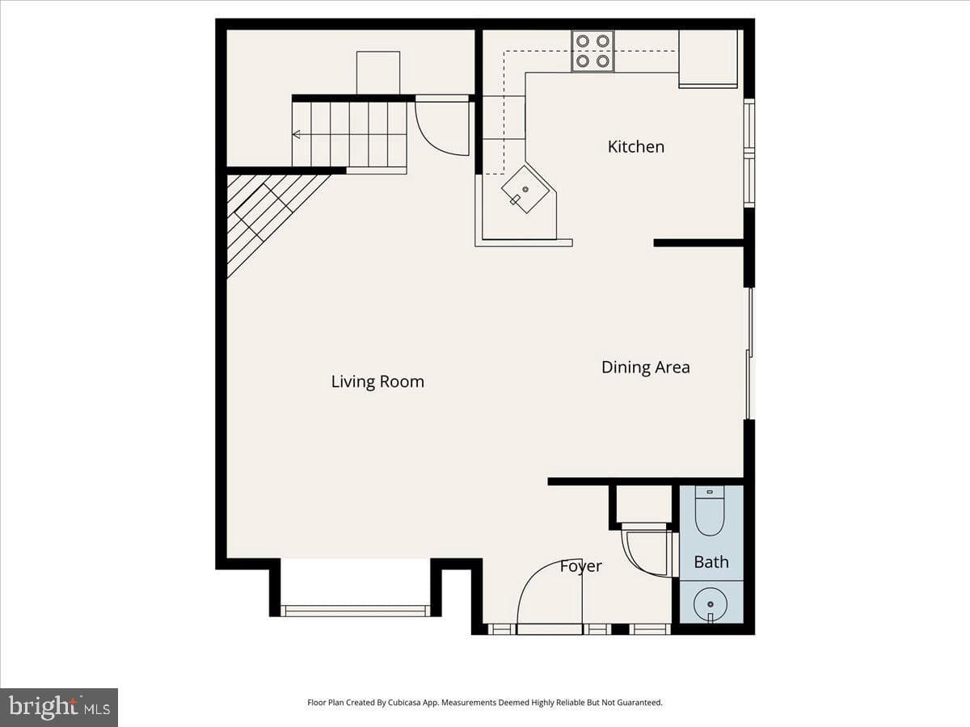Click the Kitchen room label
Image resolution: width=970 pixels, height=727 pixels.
pyautogui.click(x=636, y=147)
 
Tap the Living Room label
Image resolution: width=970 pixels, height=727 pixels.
pyautogui.click(x=377, y=381)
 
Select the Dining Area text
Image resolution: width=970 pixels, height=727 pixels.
pyautogui.click(x=646, y=368)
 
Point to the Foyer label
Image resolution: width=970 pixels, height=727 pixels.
pyautogui.click(x=580, y=566)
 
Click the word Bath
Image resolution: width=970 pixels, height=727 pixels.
pyautogui.click(x=711, y=562)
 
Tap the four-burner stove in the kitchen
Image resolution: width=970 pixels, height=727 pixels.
pyautogui.click(x=593, y=51)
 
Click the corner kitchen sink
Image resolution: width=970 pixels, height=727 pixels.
pyautogui.click(x=525, y=190)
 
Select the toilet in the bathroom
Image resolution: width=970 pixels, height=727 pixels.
pyautogui.click(x=710, y=511)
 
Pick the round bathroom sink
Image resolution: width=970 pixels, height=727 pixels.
pyautogui.click(x=711, y=604)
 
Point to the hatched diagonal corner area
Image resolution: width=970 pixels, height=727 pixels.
pyautogui.click(x=265, y=212)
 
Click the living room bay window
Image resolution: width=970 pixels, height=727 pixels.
pyautogui.click(x=356, y=611)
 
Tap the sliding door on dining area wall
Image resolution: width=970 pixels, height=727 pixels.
pyautogui.click(x=749, y=353)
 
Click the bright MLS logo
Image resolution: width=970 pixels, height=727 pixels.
pyautogui.click(x=59, y=708)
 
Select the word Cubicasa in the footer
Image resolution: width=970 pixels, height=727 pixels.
pyautogui.click(x=404, y=702)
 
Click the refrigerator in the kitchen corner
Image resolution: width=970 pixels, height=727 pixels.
pyautogui.click(x=708, y=58)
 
